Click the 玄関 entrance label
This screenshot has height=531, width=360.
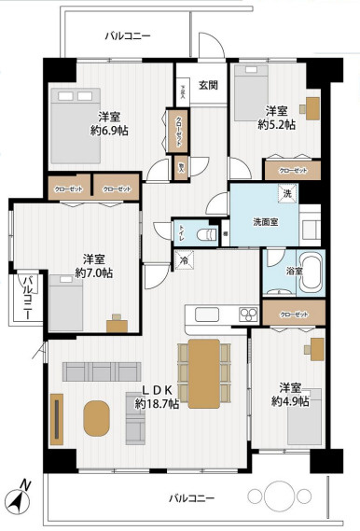[210, 86]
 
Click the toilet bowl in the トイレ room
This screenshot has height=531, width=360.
[210, 231]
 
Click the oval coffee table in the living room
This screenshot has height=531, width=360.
[96, 417]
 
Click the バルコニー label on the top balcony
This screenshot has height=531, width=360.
[126, 35]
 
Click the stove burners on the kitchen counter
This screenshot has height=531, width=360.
[248, 313]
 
